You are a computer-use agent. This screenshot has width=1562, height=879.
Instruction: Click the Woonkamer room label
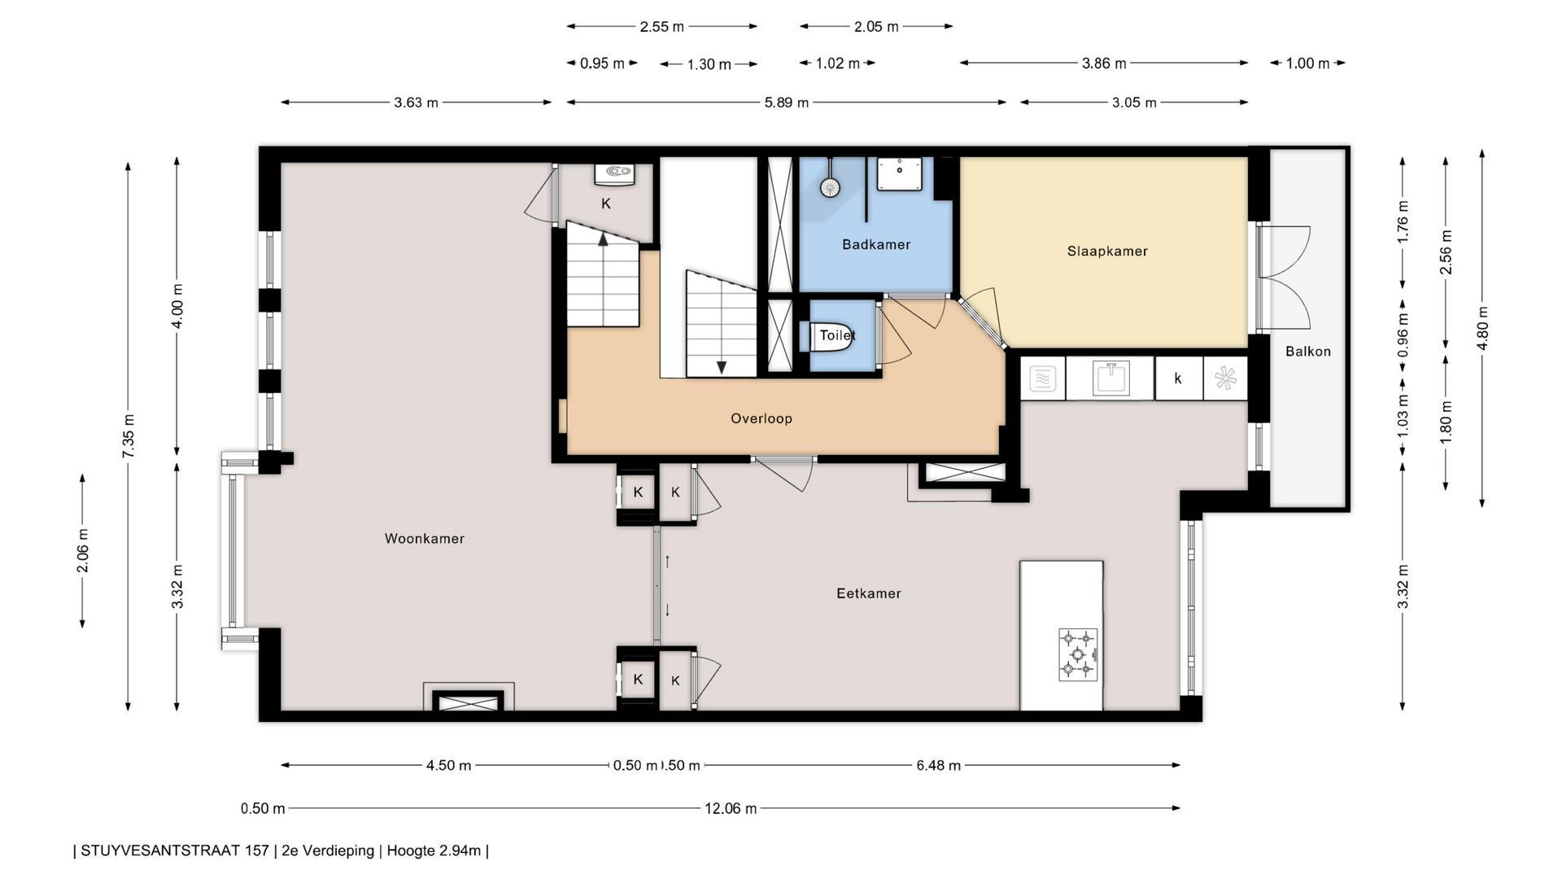click(x=424, y=539)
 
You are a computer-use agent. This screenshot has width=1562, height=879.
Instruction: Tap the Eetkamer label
click(x=869, y=594)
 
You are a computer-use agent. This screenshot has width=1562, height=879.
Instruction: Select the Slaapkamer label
click(x=1107, y=251)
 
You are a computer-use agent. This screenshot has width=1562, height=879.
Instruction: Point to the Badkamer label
click(x=876, y=245)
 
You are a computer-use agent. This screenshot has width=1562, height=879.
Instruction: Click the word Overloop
click(x=761, y=419)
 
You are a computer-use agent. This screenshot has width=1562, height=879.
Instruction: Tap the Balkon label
click(x=1308, y=352)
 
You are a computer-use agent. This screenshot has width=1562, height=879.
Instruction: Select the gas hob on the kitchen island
click(x=1078, y=654)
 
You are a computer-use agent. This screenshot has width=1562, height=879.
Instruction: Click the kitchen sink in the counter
click(x=1109, y=378)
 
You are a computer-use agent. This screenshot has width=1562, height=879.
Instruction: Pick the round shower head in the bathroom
click(x=829, y=187)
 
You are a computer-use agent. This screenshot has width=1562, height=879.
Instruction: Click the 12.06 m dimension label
click(x=730, y=809)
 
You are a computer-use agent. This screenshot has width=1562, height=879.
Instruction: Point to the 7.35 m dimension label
click(x=129, y=435)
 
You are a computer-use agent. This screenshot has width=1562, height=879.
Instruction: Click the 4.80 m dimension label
click(x=1482, y=328)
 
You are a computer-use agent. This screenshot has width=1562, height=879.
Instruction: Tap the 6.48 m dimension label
click(x=938, y=766)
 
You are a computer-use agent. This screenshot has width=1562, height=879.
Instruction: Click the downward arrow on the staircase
click(x=721, y=367)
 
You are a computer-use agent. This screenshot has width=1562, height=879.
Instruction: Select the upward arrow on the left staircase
click(x=603, y=238)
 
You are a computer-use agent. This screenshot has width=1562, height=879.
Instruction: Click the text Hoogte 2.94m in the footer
click(x=434, y=851)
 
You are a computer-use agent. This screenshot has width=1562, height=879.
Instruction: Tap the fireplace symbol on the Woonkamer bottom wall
click(x=468, y=701)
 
